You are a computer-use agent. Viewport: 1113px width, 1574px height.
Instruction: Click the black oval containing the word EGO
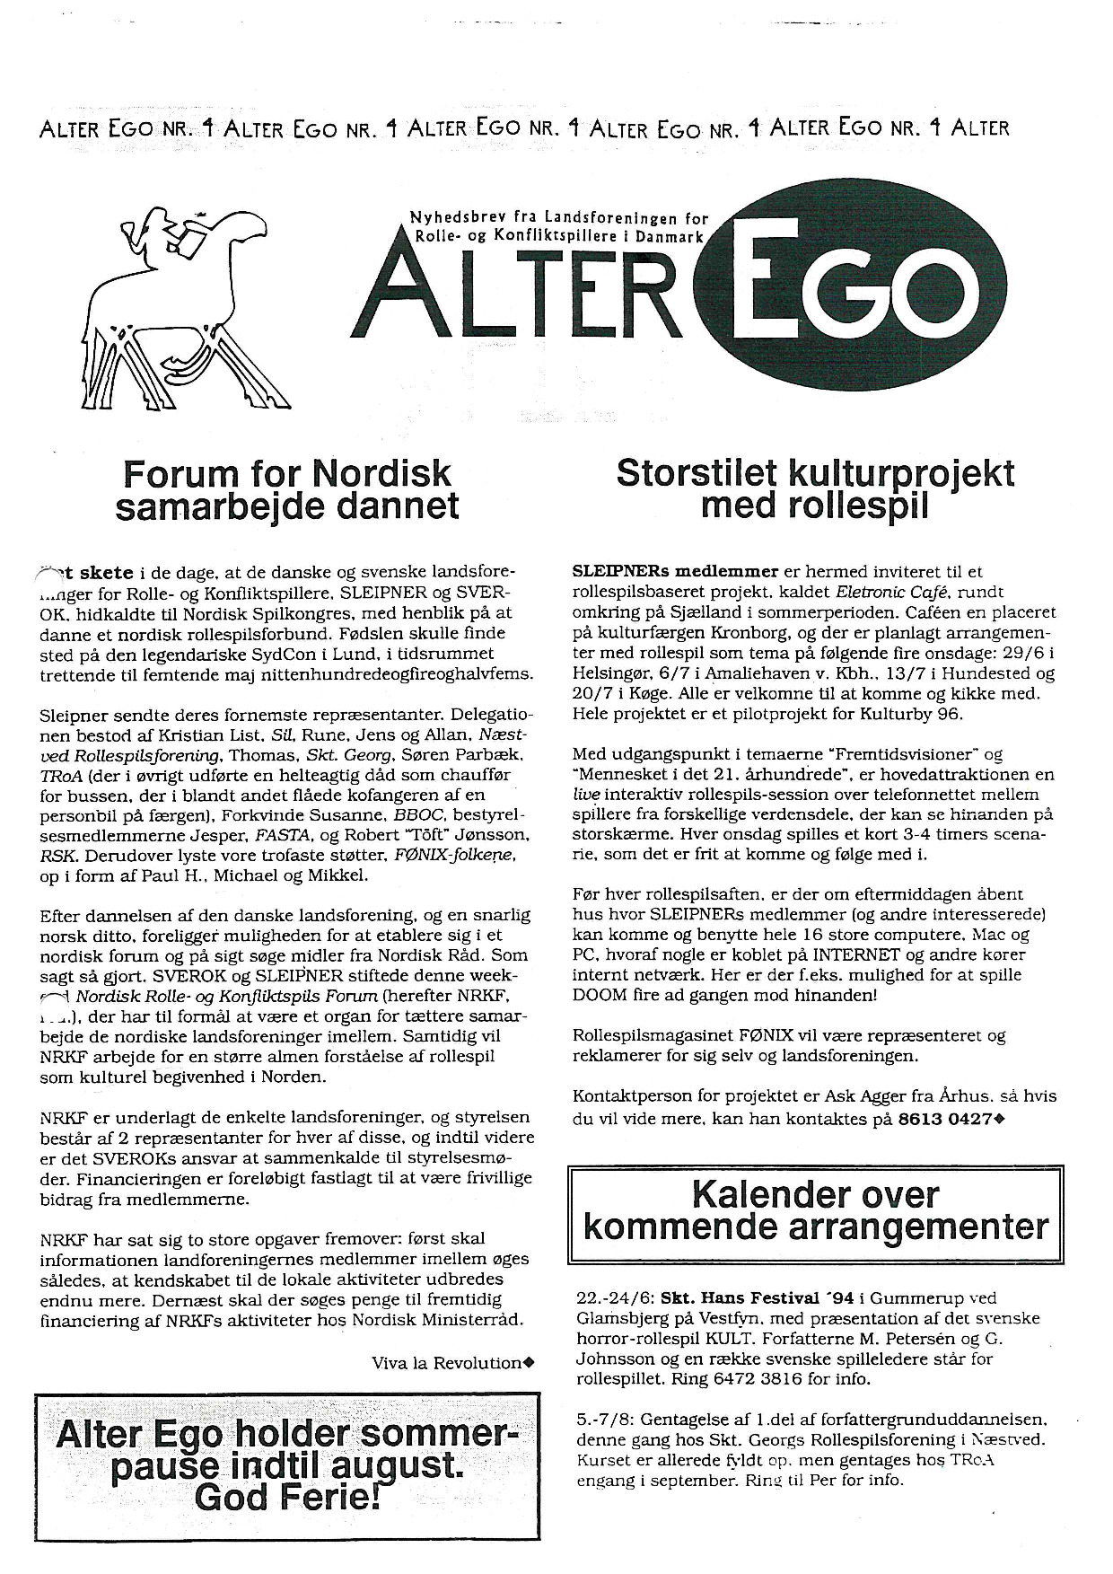point(854,288)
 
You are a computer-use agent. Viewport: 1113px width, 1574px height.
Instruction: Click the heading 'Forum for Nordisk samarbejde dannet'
point(287,489)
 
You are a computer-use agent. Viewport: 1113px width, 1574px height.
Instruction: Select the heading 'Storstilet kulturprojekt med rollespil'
point(815,489)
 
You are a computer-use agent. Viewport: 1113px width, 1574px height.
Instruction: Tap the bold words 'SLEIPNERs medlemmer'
point(675,571)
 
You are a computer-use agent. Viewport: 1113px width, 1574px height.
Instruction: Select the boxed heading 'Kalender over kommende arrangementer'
point(815,1210)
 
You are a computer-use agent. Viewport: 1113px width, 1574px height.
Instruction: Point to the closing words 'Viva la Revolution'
point(447,1363)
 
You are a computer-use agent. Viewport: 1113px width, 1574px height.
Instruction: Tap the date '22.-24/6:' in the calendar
point(615,1297)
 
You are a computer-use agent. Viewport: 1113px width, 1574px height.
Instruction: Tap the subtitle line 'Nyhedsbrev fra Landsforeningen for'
point(558,218)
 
